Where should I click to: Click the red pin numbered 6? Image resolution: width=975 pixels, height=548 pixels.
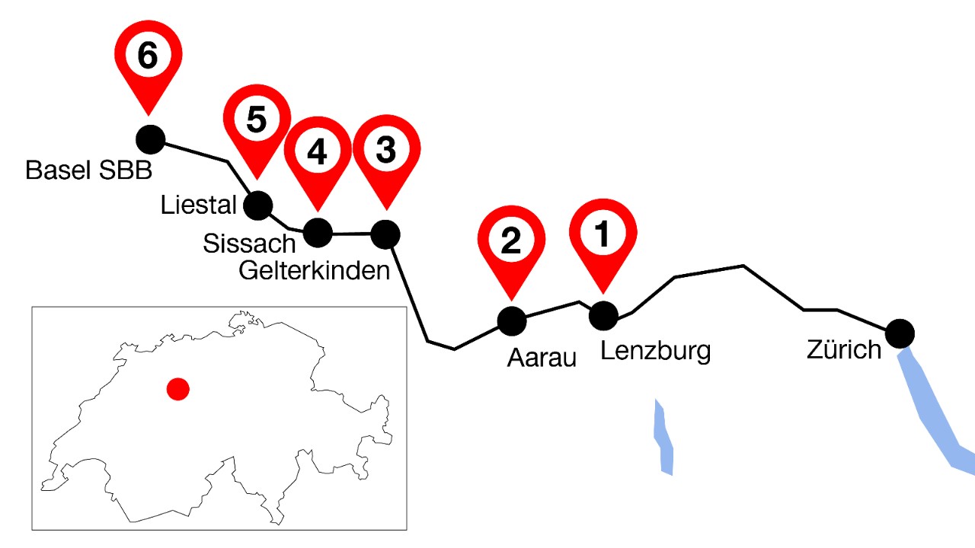[x=149, y=57]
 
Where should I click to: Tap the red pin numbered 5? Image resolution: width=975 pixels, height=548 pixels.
[x=257, y=121]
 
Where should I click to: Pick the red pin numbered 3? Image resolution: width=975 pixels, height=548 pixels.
[x=386, y=151]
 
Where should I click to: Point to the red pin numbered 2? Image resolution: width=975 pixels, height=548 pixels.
[x=511, y=241]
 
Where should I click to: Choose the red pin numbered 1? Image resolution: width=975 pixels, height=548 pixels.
[x=603, y=235]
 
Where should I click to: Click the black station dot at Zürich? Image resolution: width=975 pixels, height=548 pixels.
[x=900, y=333]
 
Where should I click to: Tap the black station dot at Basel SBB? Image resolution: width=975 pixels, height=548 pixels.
[x=150, y=139]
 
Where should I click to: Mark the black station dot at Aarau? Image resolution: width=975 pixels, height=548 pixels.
[x=511, y=320]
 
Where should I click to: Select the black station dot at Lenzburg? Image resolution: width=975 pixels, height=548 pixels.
[x=603, y=315]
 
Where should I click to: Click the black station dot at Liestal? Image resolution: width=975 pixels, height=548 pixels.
[x=258, y=204]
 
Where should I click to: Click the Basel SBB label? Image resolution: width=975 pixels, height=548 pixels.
[x=88, y=170]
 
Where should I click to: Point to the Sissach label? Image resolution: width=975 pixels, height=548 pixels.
[x=249, y=244]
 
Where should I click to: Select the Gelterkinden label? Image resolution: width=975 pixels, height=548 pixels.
[x=315, y=269]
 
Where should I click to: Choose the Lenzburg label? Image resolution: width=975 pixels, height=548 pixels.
[x=655, y=351]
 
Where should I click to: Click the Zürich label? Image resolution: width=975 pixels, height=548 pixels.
[x=844, y=349]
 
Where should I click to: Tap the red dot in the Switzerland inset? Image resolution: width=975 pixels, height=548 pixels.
[x=178, y=389]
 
